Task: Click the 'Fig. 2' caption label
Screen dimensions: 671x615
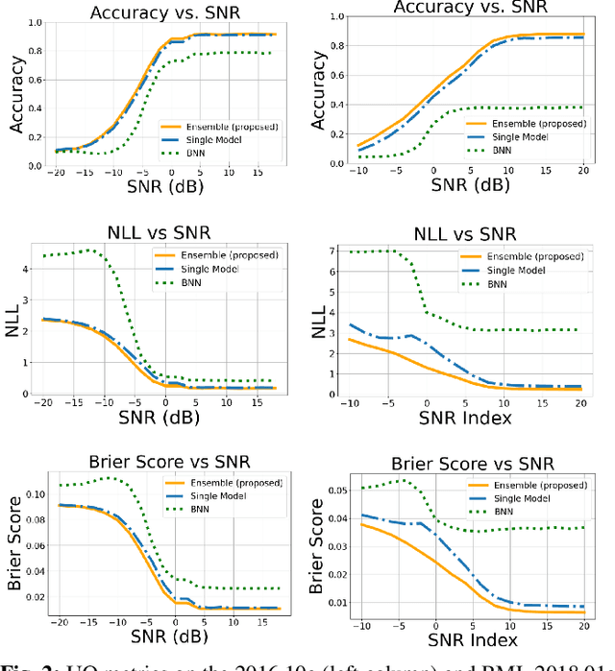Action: tap(20, 663)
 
